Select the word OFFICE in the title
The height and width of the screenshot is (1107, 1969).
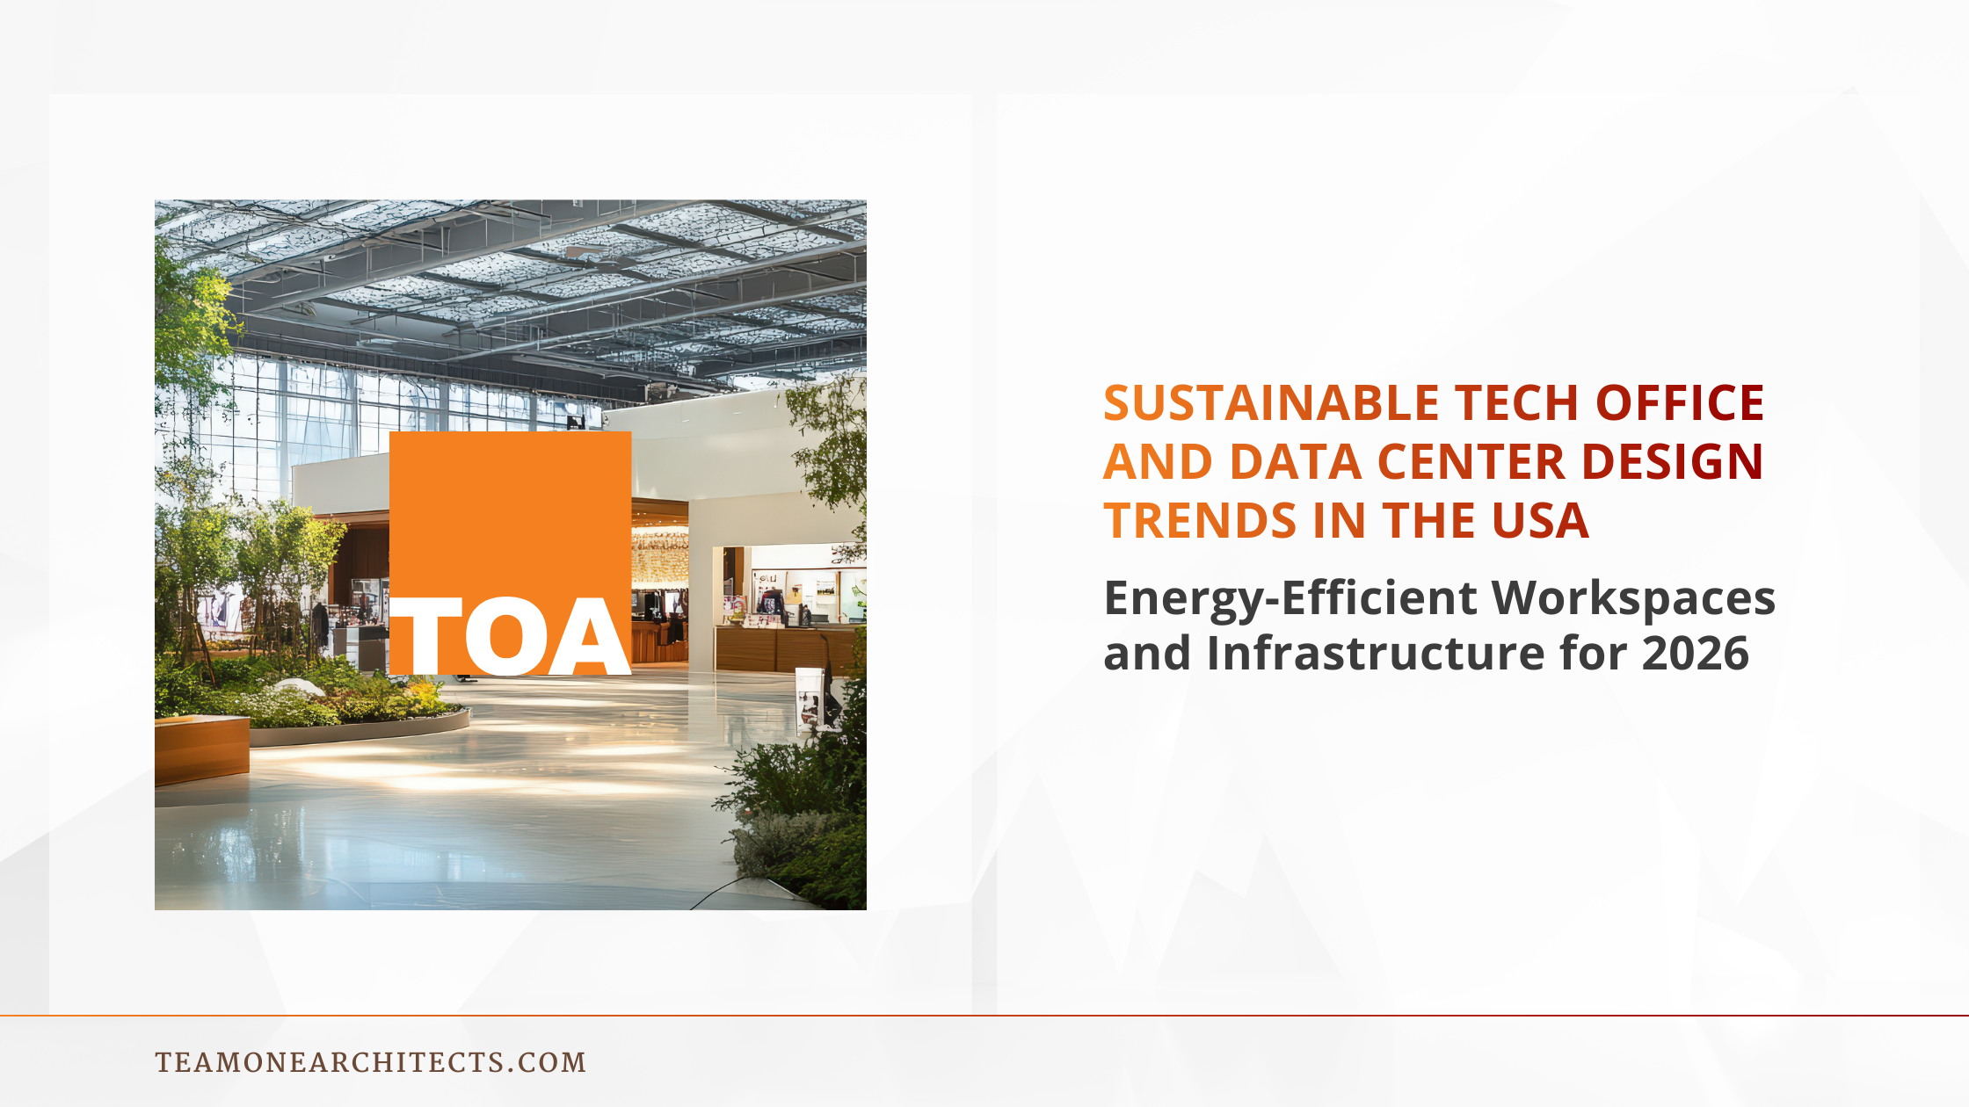(x=1680, y=403)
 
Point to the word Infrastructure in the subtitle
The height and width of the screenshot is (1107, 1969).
(x=1375, y=654)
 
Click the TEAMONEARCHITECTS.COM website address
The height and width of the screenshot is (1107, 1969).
(x=370, y=1062)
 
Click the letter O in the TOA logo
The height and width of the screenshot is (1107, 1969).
(x=506, y=636)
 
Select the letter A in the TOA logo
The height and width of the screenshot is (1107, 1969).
(x=589, y=636)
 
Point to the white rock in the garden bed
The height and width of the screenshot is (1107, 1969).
(x=299, y=688)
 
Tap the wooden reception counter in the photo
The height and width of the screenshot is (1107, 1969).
(x=782, y=648)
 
